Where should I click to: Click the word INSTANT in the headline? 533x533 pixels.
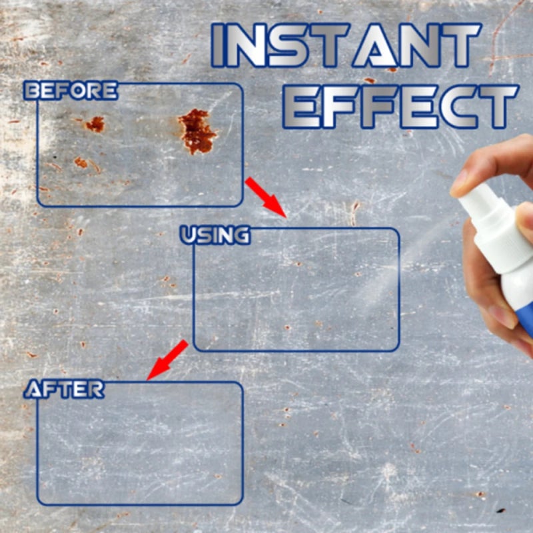(x=346, y=45)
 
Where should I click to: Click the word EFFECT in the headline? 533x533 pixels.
(x=400, y=107)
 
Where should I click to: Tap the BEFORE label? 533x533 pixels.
(x=71, y=91)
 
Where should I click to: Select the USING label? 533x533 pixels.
(x=215, y=235)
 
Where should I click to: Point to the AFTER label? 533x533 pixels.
(x=64, y=389)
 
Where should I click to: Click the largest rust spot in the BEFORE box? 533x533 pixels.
(x=197, y=131)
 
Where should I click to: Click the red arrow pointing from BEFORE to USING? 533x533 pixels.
(x=265, y=197)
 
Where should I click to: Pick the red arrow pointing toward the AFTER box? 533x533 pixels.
(x=167, y=360)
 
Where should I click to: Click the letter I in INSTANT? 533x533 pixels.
(x=218, y=45)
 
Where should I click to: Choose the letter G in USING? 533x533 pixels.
(x=241, y=235)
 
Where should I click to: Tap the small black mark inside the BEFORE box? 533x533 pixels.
(x=55, y=157)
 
